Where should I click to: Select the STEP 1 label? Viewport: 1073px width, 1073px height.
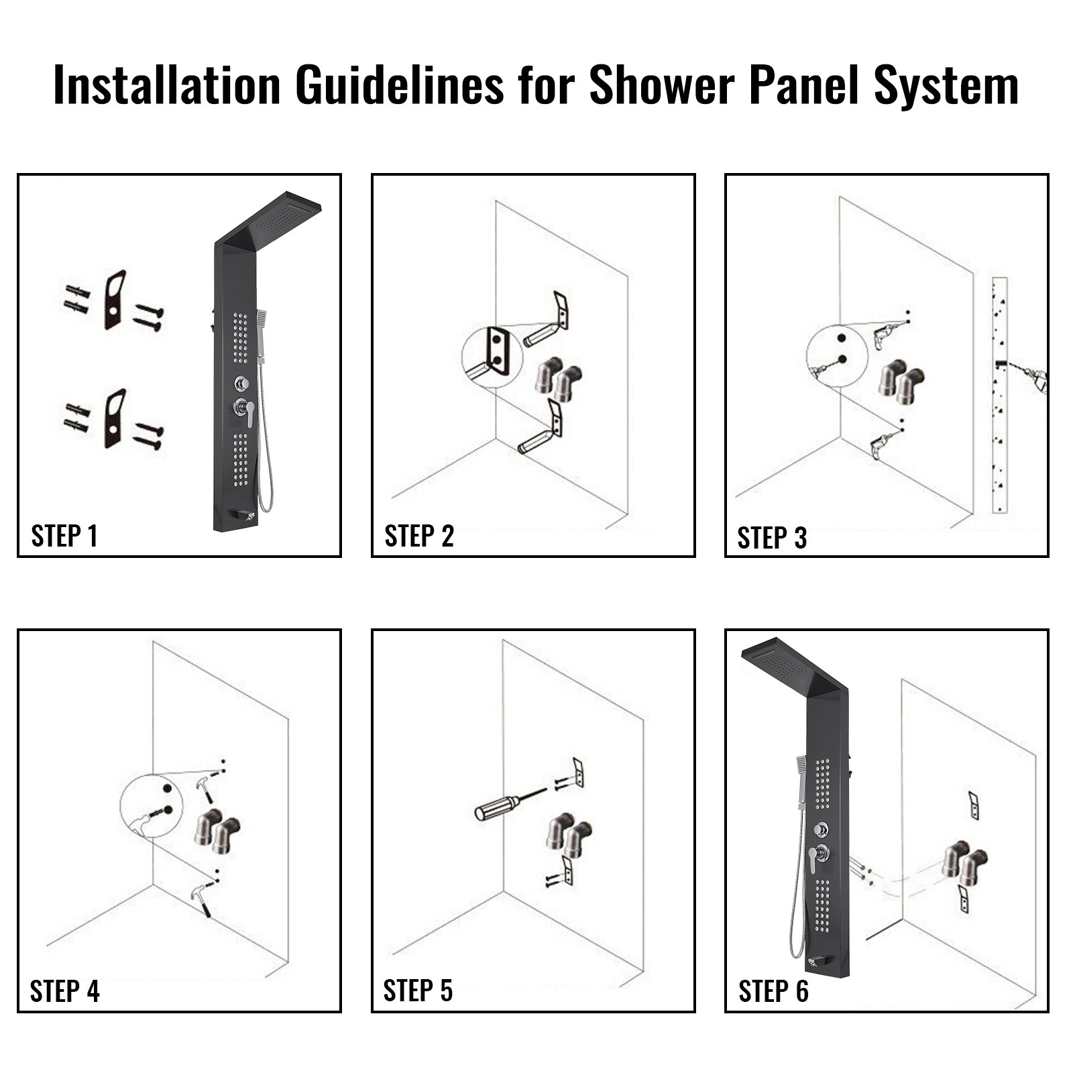click(x=64, y=536)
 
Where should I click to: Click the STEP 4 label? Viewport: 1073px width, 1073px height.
click(x=64, y=991)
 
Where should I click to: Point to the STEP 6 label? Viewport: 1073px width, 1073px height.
click(x=773, y=991)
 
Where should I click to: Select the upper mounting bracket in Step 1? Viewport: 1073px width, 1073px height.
click(x=115, y=300)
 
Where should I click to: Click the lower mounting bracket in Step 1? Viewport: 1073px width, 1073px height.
click(x=115, y=418)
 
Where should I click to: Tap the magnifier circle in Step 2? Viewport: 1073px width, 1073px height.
click(x=492, y=357)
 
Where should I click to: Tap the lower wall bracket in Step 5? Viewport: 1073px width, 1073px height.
click(x=569, y=871)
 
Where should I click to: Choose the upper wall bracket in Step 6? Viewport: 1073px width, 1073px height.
click(x=973, y=805)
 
